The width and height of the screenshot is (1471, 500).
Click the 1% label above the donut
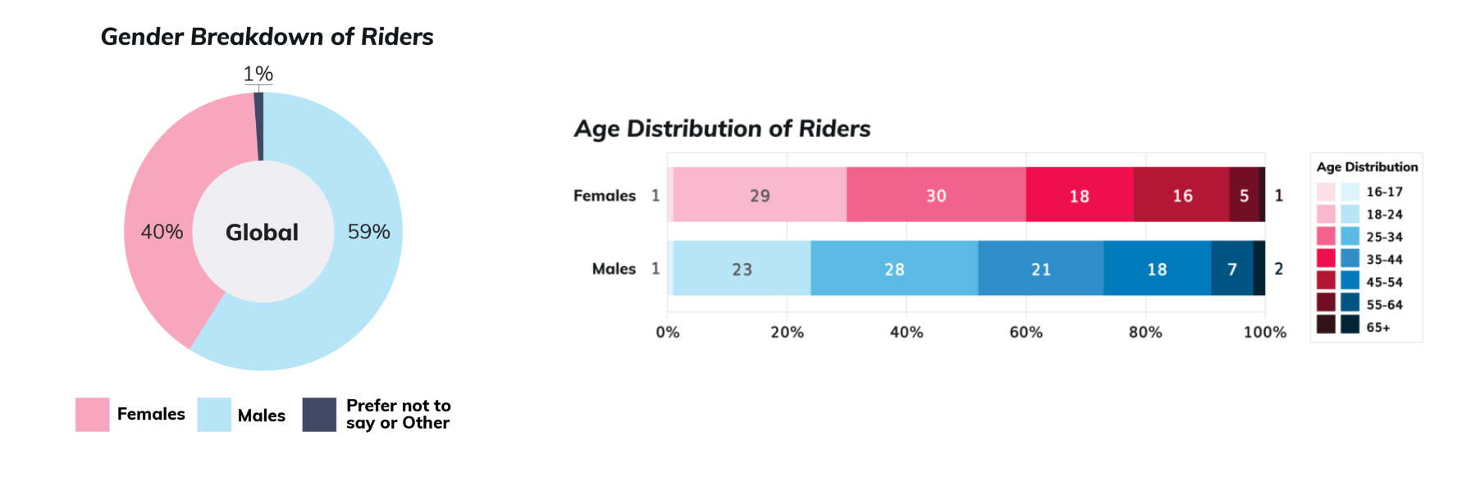coord(258,74)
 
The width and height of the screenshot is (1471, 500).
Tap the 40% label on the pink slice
coord(162,232)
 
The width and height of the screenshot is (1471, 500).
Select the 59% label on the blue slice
coord(368,232)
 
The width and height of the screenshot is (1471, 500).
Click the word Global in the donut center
coord(262,233)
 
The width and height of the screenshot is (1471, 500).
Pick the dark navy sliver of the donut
coord(259,126)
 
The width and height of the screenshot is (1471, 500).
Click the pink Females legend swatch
coord(92,415)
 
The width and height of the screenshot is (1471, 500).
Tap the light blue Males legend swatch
coord(214,415)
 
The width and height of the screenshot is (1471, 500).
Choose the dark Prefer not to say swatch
coord(319,415)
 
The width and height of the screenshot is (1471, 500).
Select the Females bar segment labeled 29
coord(760,195)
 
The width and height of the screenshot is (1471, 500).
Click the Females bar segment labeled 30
coord(936,195)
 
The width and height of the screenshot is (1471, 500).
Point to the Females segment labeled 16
coord(1181,195)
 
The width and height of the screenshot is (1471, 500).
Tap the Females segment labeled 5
coord(1245,195)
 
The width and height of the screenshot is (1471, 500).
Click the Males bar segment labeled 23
coord(742,268)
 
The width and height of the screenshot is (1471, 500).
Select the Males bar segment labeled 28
coord(894,268)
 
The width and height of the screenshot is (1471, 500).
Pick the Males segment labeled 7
coord(1232,268)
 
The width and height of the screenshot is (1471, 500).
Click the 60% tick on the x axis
coord(1026,332)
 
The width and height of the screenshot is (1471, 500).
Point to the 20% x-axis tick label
coord(787,332)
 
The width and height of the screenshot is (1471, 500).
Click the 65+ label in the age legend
coord(1378,328)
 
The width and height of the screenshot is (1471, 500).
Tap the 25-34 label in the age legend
coord(1384,237)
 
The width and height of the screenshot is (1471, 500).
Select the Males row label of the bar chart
coord(614,269)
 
